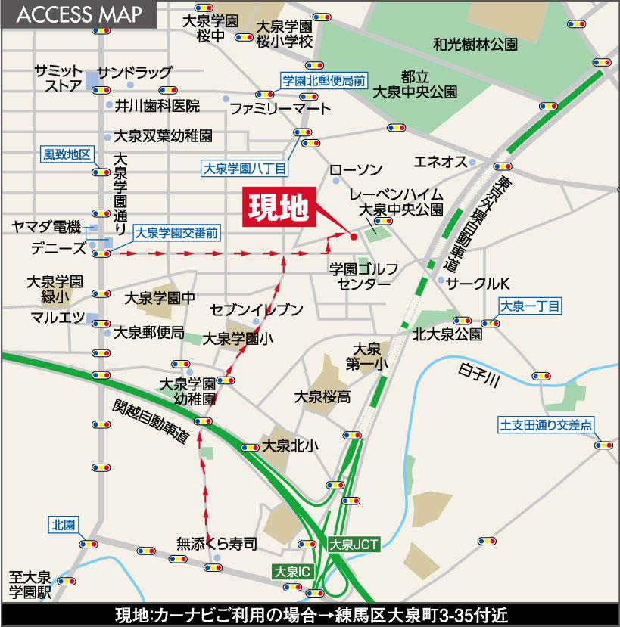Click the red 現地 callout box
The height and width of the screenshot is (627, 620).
(x=277, y=209)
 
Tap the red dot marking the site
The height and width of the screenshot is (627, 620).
(x=354, y=237)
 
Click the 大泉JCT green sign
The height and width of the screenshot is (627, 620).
(x=349, y=543)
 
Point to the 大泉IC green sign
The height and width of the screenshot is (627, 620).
(x=291, y=571)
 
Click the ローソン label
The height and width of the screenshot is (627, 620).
(x=357, y=169)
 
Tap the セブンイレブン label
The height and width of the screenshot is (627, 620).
(x=257, y=309)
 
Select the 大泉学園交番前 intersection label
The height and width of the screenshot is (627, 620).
(x=176, y=234)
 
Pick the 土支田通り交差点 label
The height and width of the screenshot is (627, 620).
(x=546, y=424)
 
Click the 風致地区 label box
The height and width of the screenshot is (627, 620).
(x=67, y=155)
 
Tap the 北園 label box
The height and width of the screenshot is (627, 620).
(x=63, y=524)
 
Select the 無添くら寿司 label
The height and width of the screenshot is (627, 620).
(x=217, y=542)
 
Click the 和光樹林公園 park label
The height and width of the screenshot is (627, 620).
(x=475, y=45)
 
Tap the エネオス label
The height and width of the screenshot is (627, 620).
(x=439, y=161)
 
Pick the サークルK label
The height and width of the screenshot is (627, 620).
(x=479, y=282)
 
